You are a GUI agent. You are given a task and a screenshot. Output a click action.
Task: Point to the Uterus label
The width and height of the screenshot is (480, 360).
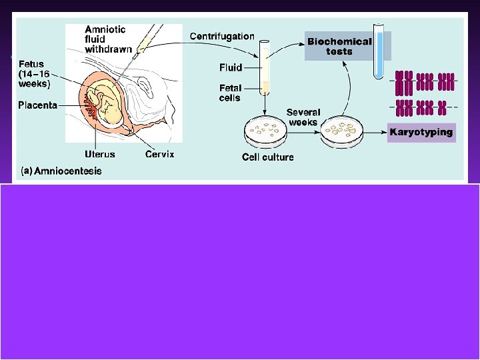(x=100, y=154)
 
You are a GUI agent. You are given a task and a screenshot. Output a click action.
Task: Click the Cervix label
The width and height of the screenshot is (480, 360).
(x=161, y=154)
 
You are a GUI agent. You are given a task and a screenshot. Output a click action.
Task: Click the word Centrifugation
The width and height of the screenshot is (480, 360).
(x=222, y=36)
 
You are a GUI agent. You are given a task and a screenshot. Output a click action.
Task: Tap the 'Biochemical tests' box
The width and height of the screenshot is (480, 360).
(x=339, y=46)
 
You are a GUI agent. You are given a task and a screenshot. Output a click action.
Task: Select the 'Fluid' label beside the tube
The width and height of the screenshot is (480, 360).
(x=231, y=67)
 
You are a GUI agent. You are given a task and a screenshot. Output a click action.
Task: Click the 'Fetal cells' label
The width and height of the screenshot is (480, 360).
(x=231, y=93)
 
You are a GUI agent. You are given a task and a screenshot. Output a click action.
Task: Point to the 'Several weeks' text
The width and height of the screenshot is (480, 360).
(x=304, y=117)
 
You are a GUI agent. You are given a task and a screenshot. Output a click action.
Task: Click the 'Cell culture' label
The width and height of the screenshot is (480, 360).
(x=267, y=157)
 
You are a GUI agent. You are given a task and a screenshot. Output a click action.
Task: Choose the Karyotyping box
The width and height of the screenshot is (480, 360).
(x=421, y=132)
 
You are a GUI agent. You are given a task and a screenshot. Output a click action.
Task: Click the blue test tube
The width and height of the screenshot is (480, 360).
(x=379, y=52)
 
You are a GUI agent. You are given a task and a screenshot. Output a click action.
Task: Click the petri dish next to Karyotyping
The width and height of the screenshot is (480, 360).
(x=346, y=131)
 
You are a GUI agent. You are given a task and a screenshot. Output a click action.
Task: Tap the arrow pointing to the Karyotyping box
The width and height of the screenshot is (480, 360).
(x=378, y=131)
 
